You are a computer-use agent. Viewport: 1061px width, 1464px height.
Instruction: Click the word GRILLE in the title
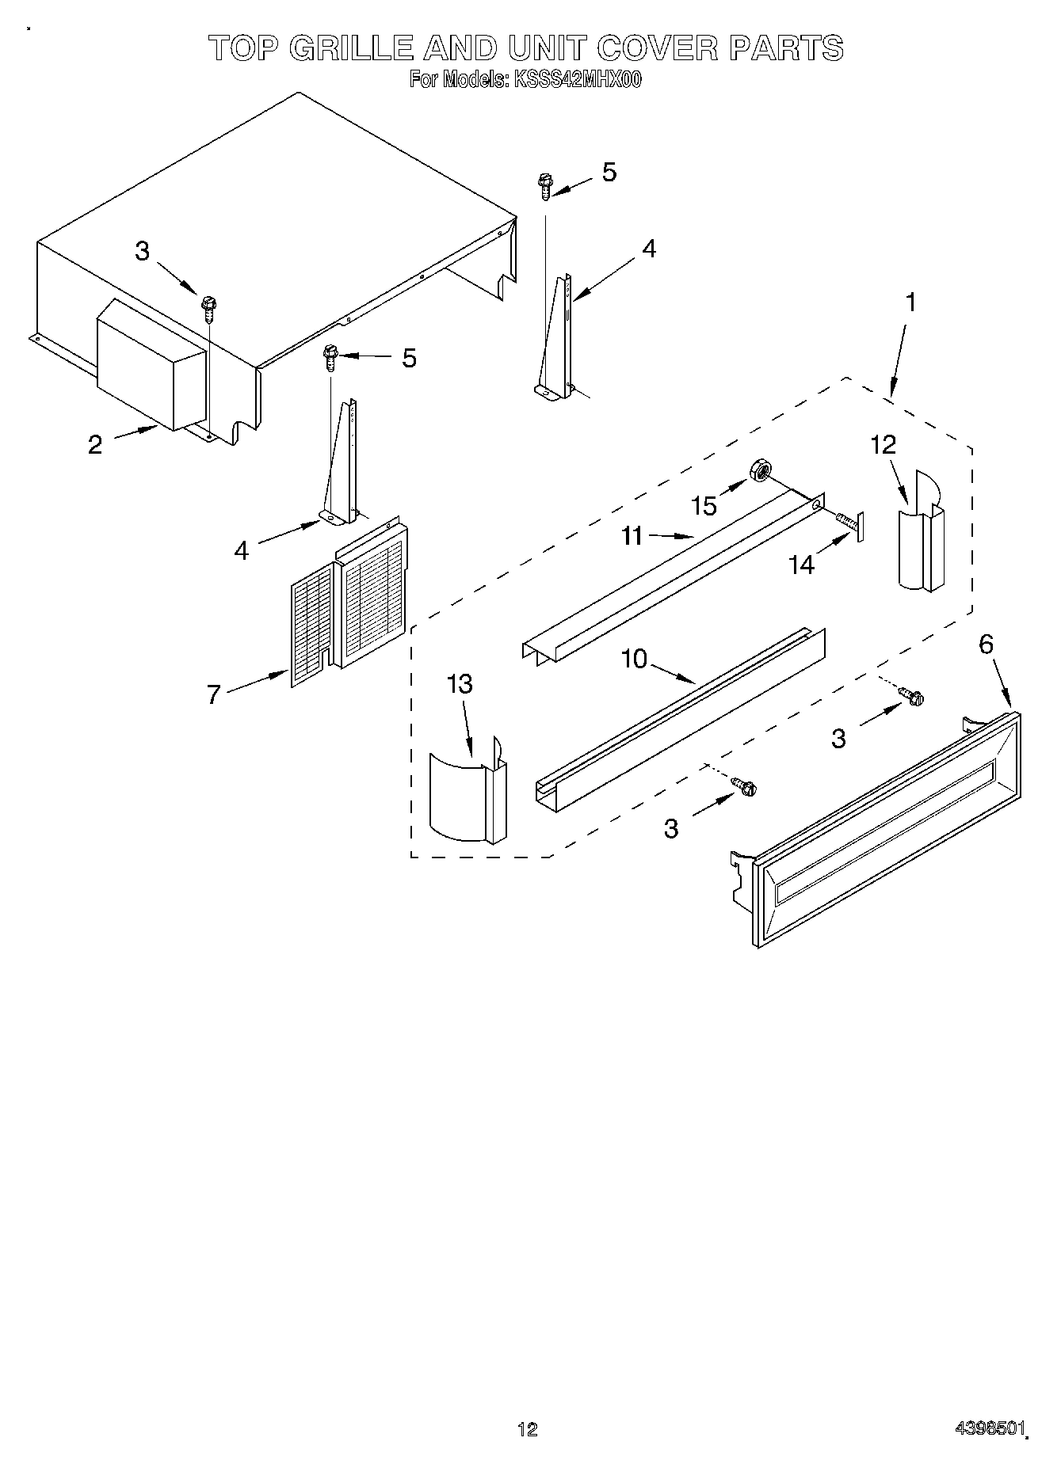(351, 49)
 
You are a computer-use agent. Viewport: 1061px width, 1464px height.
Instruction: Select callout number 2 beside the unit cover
(95, 445)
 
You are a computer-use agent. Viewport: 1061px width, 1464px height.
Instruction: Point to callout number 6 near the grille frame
(986, 645)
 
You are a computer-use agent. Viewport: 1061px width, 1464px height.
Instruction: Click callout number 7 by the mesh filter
(213, 695)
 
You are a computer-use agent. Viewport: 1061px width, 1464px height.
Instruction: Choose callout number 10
(635, 659)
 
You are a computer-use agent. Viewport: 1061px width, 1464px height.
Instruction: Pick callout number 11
(632, 537)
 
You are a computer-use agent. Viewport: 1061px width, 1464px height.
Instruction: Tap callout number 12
(883, 445)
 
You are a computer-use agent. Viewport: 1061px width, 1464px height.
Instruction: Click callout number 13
(460, 683)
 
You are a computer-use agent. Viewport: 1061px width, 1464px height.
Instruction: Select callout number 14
(801, 565)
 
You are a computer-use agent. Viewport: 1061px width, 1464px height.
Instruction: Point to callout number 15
(704, 505)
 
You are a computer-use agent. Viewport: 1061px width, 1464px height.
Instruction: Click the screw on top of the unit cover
(209, 307)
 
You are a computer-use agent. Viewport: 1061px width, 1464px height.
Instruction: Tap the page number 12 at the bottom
(527, 1428)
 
